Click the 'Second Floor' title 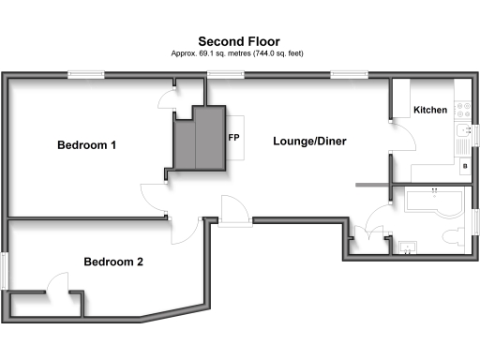pos(239,41)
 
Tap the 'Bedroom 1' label pos(87,145)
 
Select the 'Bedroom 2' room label pos(112,262)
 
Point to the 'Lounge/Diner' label pos(309,142)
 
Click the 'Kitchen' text pos(430,111)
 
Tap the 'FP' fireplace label pos(234,137)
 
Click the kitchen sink pos(461,142)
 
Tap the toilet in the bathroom pos(455,234)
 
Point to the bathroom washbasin pos(408,247)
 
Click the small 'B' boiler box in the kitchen pos(467,167)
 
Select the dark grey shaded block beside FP pos(199,139)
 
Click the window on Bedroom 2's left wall pos(5,271)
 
